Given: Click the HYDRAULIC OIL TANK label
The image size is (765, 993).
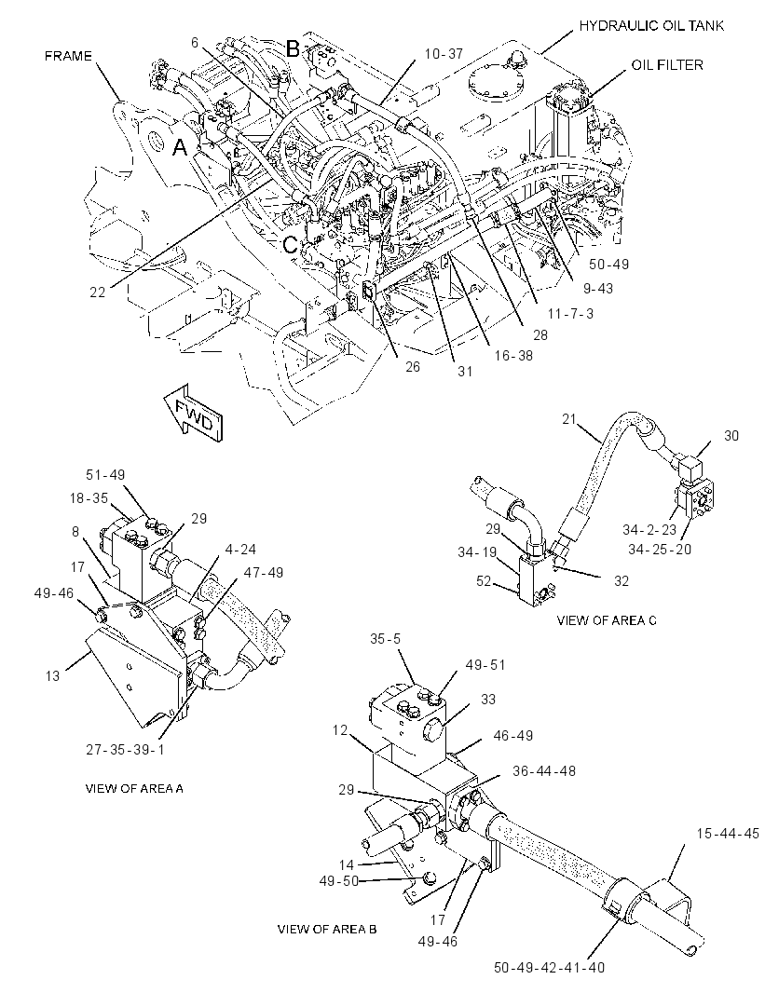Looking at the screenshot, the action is [x=651, y=26].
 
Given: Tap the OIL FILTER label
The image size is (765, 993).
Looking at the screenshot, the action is [x=667, y=65].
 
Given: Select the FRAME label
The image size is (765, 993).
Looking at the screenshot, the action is [x=68, y=57].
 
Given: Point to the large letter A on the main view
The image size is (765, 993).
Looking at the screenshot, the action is [x=181, y=147].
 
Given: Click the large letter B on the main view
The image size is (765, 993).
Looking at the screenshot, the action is [x=292, y=48].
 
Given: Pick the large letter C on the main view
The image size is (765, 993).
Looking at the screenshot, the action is [x=291, y=244].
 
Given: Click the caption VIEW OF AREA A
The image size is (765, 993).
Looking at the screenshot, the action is [x=134, y=788].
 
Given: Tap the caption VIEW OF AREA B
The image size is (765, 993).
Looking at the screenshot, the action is [x=327, y=929].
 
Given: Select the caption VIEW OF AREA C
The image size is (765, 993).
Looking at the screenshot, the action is [x=606, y=620].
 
